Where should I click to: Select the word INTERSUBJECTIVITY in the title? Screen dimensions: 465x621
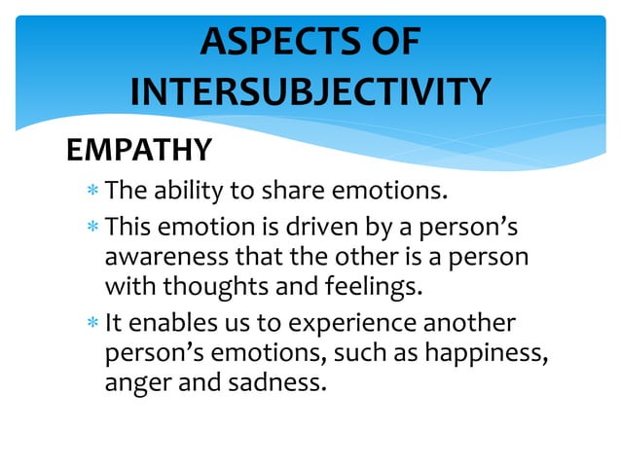tap(310, 92)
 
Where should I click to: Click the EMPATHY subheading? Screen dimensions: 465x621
tap(137, 150)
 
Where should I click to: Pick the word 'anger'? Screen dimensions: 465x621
tap(133, 383)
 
